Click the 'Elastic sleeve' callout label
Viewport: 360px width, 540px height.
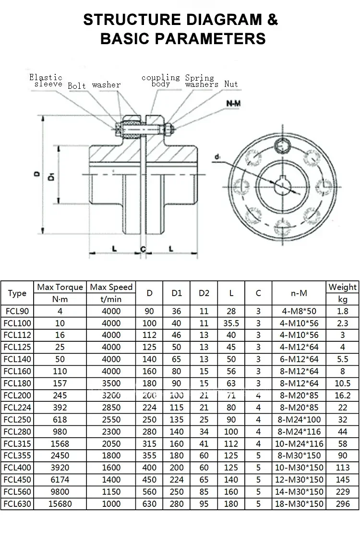(x=46, y=80)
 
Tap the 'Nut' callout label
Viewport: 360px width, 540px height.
(x=230, y=84)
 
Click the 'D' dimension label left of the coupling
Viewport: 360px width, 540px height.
(x=37, y=175)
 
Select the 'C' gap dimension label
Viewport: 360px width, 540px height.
(x=143, y=248)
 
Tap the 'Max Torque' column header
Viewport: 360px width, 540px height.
(x=60, y=287)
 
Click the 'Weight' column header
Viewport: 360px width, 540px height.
(x=342, y=287)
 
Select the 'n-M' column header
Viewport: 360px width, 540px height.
(x=299, y=293)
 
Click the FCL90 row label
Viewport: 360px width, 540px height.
(x=17, y=311)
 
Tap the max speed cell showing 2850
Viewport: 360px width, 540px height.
(x=111, y=407)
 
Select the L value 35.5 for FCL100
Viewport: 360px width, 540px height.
(x=231, y=323)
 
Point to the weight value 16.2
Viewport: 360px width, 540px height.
(x=342, y=395)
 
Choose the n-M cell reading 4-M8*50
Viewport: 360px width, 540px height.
(x=299, y=311)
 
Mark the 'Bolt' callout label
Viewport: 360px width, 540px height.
(x=77, y=85)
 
